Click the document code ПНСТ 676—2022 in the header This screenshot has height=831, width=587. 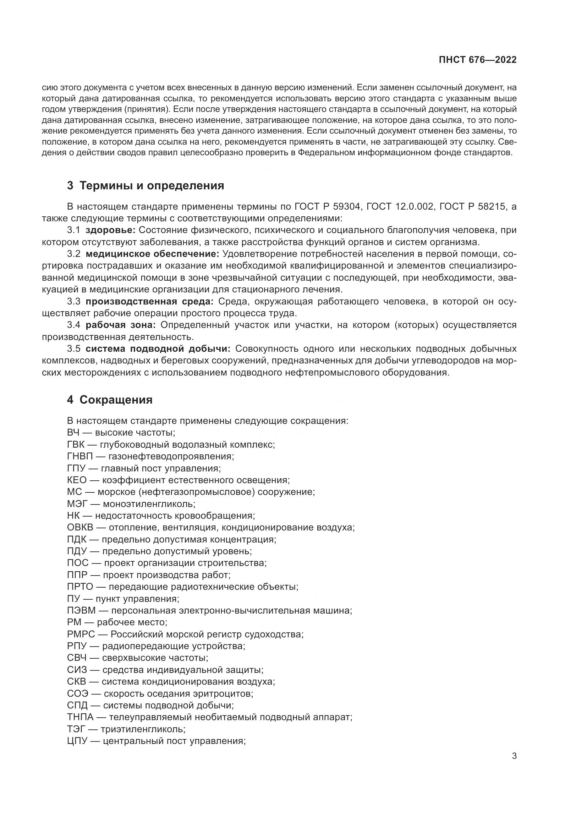click(x=477, y=60)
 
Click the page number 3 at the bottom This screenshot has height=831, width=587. click(x=514, y=756)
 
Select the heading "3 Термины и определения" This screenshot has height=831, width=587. click(x=145, y=186)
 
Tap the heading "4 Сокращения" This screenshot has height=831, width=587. click(x=110, y=400)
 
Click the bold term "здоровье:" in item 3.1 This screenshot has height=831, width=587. click(x=111, y=230)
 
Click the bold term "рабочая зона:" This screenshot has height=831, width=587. click(x=120, y=325)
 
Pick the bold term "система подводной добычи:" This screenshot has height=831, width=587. click(x=158, y=349)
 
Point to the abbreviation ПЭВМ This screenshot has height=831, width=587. click(x=81, y=611)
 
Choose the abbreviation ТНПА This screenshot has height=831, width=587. click(x=80, y=717)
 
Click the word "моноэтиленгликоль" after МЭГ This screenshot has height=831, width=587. click(x=149, y=504)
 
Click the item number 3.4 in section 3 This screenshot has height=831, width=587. click(x=74, y=325)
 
